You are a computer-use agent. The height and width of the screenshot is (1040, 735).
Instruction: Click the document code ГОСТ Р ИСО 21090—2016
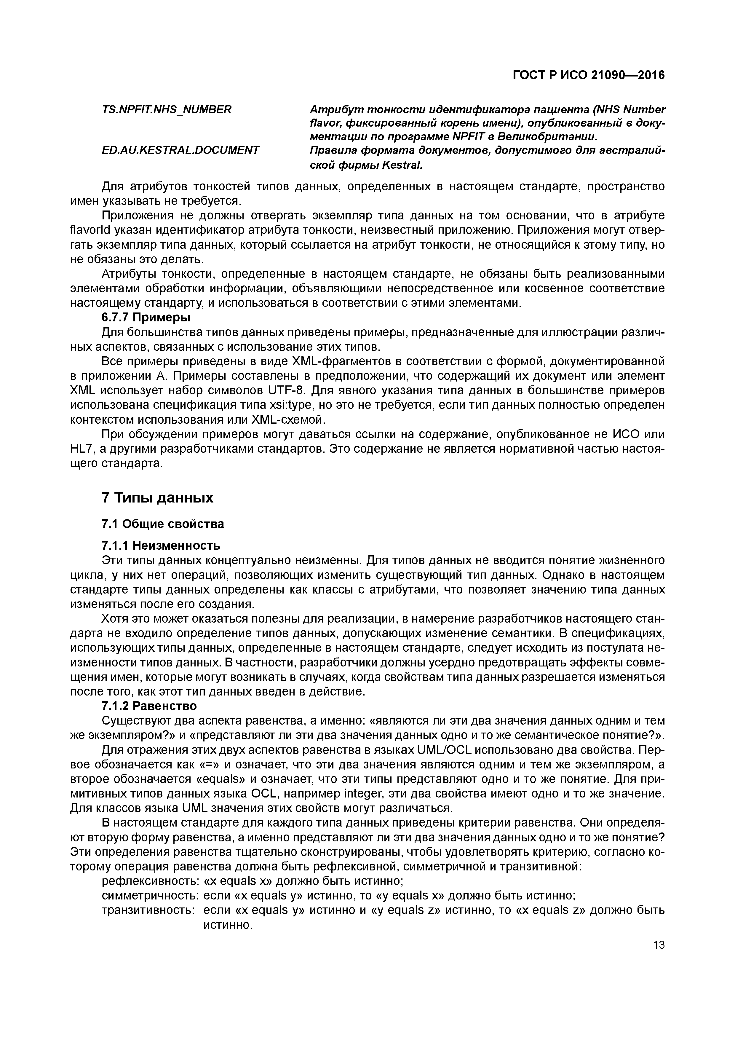(589, 75)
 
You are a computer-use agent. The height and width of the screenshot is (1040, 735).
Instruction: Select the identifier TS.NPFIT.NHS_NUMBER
(166, 110)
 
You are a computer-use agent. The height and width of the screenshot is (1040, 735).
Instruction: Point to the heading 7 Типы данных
(157, 498)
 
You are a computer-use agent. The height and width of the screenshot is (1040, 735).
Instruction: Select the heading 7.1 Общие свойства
(163, 524)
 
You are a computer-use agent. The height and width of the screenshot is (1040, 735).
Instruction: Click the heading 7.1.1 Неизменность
(161, 545)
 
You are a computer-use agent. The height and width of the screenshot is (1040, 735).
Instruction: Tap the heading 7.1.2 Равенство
(149, 706)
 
